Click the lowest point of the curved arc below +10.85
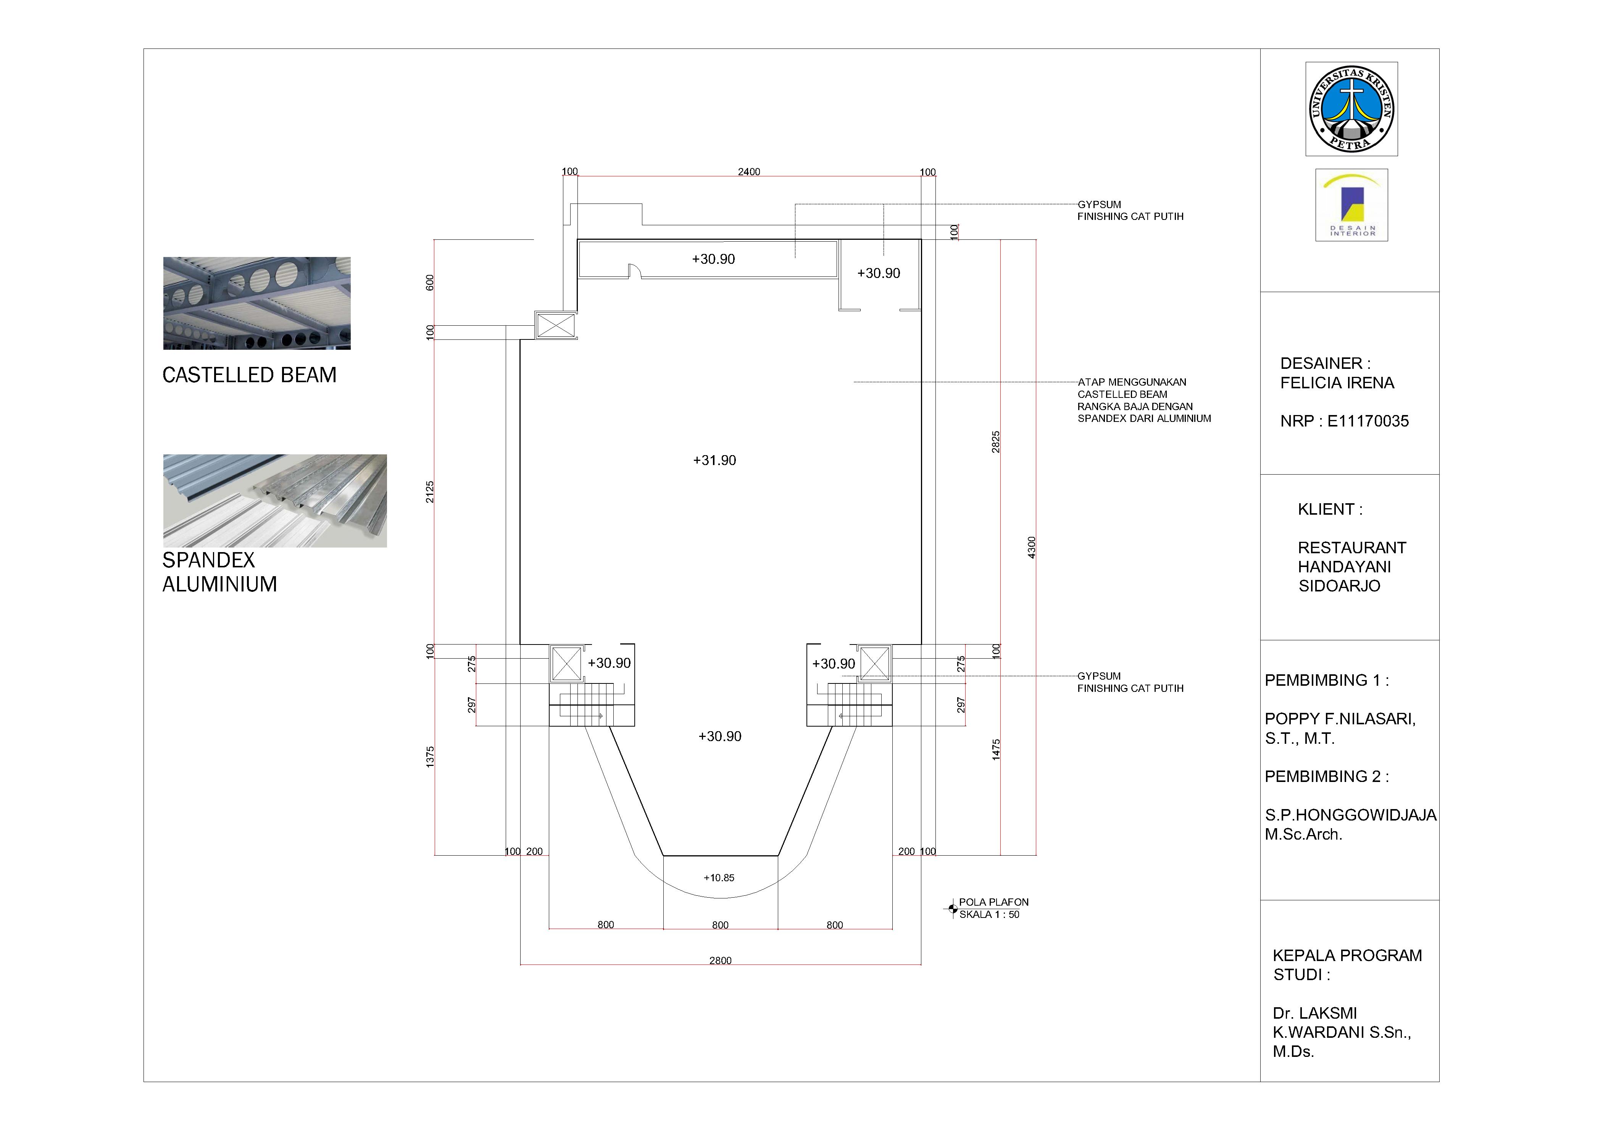point(721,899)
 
